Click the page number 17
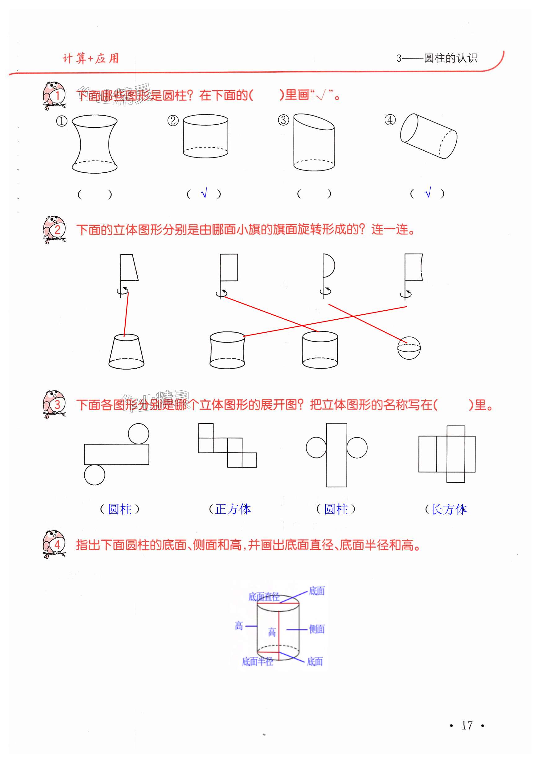tap(467, 725)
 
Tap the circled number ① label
tap(61, 121)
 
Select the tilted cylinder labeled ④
tap(429, 136)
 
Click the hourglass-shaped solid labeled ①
tap(95, 144)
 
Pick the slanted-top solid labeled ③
tap(314, 142)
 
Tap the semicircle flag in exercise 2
tap(329, 266)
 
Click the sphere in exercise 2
tap(409, 348)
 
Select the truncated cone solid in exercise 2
tap(126, 352)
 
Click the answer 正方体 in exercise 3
tap(233, 509)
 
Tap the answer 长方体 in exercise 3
tap(449, 509)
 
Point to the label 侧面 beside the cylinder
tap(316, 629)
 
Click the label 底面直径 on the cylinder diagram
tap(264, 597)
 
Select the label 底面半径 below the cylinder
tap(257, 661)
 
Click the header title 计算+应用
tap(91, 59)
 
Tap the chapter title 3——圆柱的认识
tap(436, 59)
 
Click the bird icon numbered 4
tap(54, 544)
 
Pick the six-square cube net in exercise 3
tap(227, 446)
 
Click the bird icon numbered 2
tap(54, 229)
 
